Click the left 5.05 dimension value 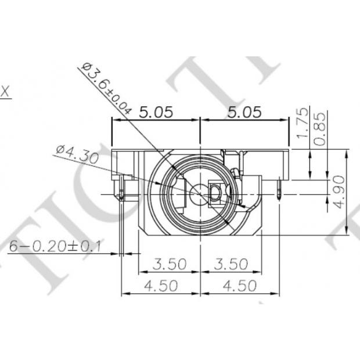156,112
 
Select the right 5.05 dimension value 245,112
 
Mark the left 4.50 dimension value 161,286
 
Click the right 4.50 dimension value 239,286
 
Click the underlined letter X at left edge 6,92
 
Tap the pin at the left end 120,192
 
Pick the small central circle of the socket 200,193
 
